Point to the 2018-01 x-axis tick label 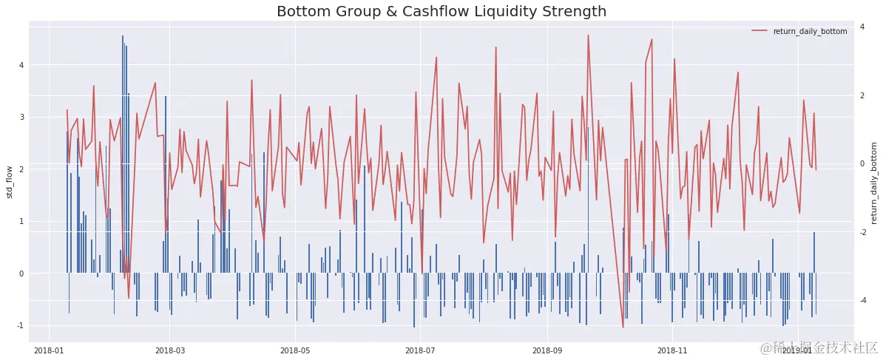[x=49, y=349]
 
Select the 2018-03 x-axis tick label [x=169, y=349]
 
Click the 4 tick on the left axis [x=21, y=65]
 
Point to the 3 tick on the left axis [x=21, y=117]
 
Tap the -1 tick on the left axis [x=20, y=325]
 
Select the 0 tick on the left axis [x=21, y=274]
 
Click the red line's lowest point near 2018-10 [x=623, y=327]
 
